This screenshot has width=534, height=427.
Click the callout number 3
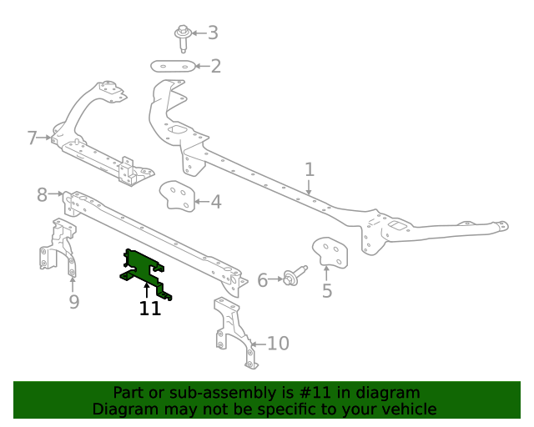pos(213,33)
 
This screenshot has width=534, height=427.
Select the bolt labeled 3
pos(183,38)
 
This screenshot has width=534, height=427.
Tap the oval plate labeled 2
pos(173,66)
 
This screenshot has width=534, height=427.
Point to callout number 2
pos(215,66)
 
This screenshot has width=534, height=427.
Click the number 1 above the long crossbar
pos(310,169)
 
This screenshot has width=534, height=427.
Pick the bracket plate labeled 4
pos(177,196)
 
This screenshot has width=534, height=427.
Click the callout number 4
pos(216,202)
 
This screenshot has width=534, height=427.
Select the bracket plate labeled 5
pos(330,253)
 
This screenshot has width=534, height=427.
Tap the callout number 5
pos(327,291)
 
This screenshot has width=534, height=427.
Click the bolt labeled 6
pos(295,276)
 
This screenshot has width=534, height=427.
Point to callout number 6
pos(263,280)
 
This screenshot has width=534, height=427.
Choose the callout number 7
pos(32,138)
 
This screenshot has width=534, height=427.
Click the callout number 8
pos(42,195)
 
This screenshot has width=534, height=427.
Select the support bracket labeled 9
pos(58,248)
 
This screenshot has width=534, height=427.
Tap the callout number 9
pos(74,302)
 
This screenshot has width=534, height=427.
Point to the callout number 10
pos(278,344)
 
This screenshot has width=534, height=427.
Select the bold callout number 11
pos(150,309)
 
